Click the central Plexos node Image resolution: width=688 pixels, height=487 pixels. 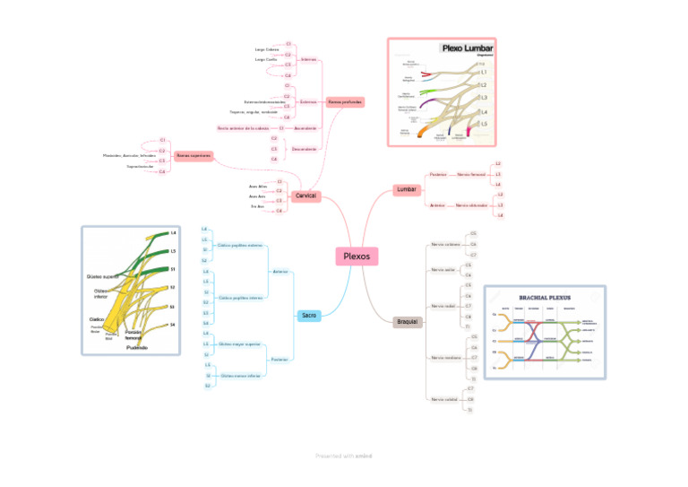pyautogui.click(x=356, y=257)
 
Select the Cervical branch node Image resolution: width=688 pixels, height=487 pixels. pyautogui.click(x=305, y=196)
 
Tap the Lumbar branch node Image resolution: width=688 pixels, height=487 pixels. pyautogui.click(x=406, y=189)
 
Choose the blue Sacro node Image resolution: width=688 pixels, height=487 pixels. pyautogui.click(x=308, y=315)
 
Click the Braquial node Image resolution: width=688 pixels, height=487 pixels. pyautogui.click(x=408, y=321)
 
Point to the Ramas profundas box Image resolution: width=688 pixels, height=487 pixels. pyautogui.click(x=346, y=102)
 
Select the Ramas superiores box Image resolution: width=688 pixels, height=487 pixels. pyautogui.click(x=193, y=156)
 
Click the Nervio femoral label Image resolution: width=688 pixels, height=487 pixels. pyautogui.click(x=471, y=174)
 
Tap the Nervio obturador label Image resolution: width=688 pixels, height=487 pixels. pyautogui.click(x=472, y=205)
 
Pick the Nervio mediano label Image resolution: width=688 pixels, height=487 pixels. pyautogui.click(x=445, y=358)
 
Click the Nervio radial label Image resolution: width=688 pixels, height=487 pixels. pyautogui.click(x=444, y=306)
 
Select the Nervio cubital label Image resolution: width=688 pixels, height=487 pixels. pyautogui.click(x=444, y=399)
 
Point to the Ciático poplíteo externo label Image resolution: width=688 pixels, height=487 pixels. pyautogui.click(x=240, y=244)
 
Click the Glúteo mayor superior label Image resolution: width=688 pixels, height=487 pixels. pyautogui.click(x=240, y=344)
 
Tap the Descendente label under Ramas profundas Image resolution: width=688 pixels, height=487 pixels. pyautogui.click(x=305, y=149)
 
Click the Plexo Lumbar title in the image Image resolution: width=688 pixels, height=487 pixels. pyautogui.click(x=468, y=48)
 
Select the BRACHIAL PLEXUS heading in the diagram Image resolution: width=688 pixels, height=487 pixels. pyautogui.click(x=545, y=297)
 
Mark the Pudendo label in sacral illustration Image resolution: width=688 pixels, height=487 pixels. pyautogui.click(x=137, y=347)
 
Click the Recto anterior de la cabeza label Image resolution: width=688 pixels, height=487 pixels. pyautogui.click(x=242, y=128)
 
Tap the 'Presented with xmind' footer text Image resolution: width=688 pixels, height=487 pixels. pyautogui.click(x=343, y=456)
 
